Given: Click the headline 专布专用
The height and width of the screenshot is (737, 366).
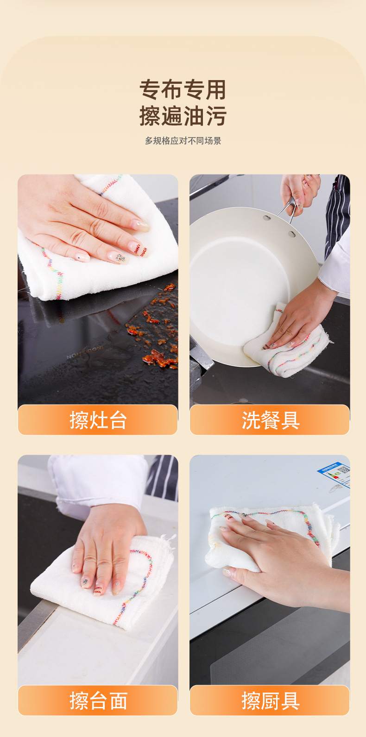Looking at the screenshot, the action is click(183, 89).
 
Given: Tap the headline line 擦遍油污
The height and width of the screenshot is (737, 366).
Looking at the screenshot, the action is click(183, 116).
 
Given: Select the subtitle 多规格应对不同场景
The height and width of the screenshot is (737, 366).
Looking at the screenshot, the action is click(183, 141).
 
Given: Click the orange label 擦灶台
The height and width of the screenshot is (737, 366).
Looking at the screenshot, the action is click(98, 420).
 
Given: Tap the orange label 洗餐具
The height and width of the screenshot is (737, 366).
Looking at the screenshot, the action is click(270, 420).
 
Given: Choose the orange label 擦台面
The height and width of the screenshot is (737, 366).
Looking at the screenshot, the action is click(98, 700).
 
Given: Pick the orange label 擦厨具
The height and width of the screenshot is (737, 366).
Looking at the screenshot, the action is click(270, 700).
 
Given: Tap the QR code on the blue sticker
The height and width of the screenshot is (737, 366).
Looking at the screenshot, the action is click(343, 470).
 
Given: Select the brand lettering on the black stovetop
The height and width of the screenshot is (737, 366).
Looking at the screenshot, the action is click(85, 352).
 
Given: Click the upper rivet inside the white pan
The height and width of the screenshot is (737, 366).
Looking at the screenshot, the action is click(266, 218).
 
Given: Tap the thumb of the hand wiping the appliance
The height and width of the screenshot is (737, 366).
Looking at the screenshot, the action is click(238, 573).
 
